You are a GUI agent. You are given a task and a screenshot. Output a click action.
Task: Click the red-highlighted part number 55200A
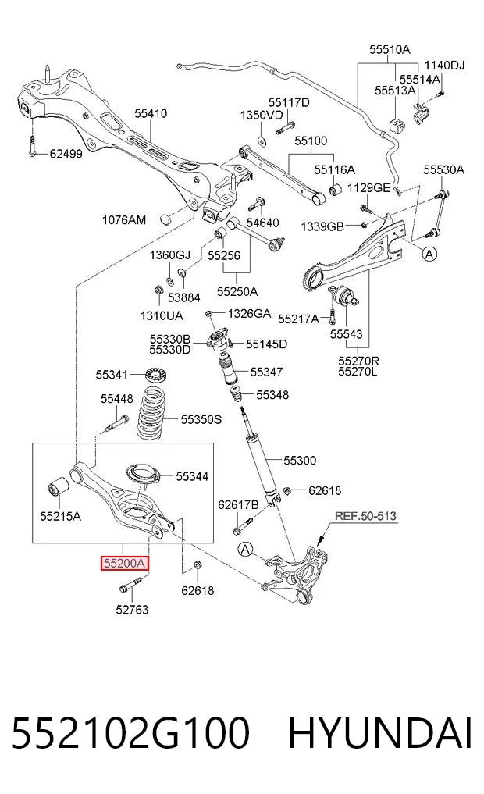pos(125,563)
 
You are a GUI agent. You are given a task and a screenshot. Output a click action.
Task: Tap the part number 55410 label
pos(151,113)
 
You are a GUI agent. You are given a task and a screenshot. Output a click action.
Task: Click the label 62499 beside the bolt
pos(66,154)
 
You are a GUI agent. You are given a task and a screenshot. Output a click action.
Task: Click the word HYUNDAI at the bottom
pos(380,733)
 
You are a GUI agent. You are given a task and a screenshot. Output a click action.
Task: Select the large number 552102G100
pos(130,733)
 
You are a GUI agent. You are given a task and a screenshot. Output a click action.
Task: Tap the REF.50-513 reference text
pos(365,516)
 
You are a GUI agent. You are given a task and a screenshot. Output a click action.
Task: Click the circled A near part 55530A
pos(429,254)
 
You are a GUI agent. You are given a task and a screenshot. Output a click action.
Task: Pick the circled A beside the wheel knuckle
pos(246,549)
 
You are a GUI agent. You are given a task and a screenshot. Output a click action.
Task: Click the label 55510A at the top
pos(390,49)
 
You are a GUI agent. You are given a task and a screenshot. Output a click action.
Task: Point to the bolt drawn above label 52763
pos(130,585)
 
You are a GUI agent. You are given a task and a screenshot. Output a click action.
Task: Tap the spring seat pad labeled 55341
pos(156,376)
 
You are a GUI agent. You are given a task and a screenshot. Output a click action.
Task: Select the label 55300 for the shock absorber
pos(300,461)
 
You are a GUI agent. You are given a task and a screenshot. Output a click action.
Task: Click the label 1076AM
pos(124,219)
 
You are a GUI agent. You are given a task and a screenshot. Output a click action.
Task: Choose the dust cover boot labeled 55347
pos(227,369)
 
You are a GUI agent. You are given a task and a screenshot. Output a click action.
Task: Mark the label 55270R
pos(358,361)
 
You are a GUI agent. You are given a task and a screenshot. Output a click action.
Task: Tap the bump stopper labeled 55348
pos(236,395)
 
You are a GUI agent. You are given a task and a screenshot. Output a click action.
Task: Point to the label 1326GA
pos(249,314)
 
